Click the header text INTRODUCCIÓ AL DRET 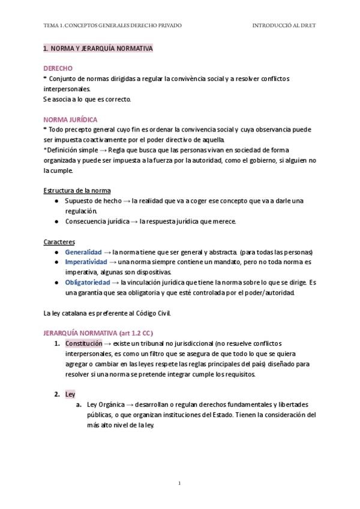[284, 26]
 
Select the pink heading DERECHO [58, 69]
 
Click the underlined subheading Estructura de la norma [77, 191]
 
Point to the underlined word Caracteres [59, 242]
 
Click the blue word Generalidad [83, 252]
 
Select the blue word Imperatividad [86, 262]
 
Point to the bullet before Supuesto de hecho [56, 201]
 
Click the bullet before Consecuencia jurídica [56, 221]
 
